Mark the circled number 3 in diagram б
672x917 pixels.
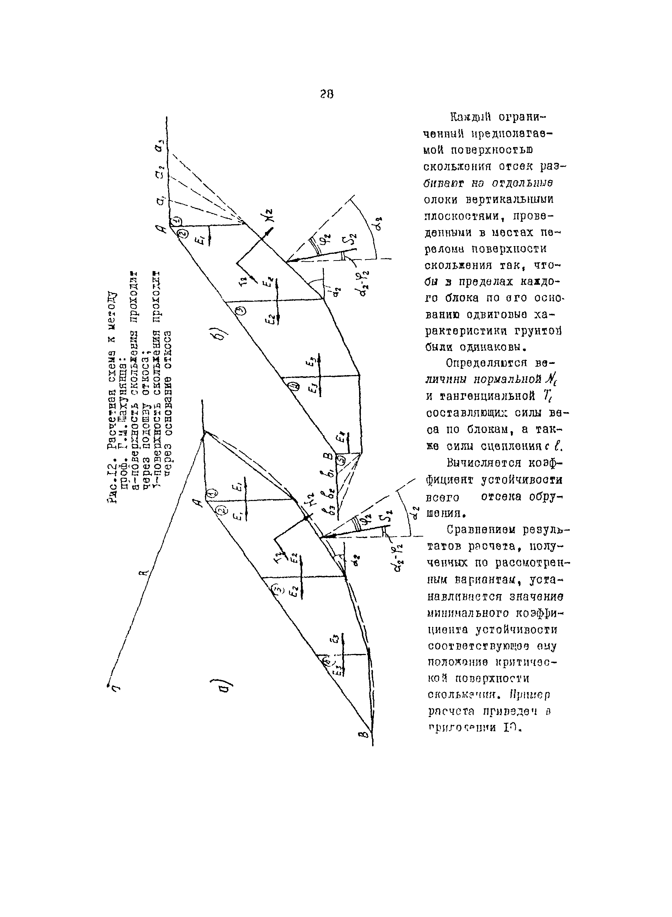[241, 311]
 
